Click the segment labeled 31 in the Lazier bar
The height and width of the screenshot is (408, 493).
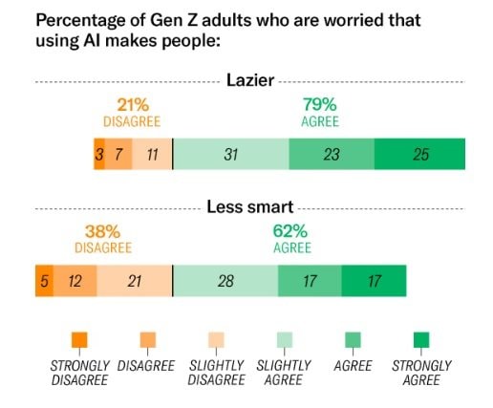coord(230,154)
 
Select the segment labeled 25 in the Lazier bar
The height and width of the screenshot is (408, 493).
coord(419,154)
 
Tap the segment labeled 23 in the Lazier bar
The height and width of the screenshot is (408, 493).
coord(331,154)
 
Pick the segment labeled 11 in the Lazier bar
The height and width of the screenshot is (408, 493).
coord(152,154)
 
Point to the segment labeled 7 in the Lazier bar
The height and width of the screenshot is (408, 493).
coord(118,154)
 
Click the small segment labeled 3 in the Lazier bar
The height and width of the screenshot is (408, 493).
coord(99,154)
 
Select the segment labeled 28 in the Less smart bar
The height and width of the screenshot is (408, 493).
coord(225,280)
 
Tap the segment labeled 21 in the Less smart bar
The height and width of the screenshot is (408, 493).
coord(134,280)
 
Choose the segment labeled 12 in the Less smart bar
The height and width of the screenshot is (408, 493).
coord(75,280)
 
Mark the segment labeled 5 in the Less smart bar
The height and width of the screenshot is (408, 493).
coord(44,280)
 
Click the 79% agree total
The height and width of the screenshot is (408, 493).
coord(318,105)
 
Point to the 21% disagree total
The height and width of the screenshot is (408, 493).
coord(131,105)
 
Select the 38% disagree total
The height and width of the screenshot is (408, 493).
coord(102,231)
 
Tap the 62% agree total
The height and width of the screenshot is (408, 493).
coord(291,231)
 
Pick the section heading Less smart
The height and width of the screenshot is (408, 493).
coord(249,206)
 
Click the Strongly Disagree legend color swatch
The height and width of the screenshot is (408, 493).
coord(79,339)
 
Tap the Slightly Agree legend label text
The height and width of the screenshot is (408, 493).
coord(282,373)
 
